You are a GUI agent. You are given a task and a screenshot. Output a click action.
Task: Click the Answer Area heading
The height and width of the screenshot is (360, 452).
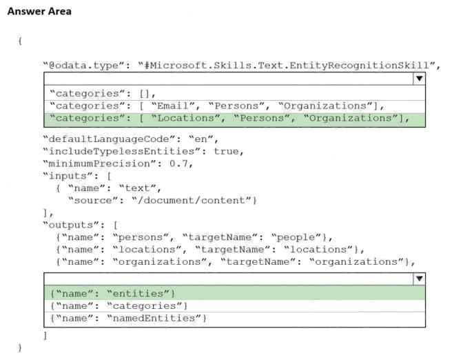39,11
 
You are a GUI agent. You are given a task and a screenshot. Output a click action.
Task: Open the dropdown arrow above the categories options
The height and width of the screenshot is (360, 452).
419,79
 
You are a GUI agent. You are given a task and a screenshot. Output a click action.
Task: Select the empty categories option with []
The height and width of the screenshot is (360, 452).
103,94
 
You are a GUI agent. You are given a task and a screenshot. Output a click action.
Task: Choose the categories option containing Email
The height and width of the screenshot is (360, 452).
217,106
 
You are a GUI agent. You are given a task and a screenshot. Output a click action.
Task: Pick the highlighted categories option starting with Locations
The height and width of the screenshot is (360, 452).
229,118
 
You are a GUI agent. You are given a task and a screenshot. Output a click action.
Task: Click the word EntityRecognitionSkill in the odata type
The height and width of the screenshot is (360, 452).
359,66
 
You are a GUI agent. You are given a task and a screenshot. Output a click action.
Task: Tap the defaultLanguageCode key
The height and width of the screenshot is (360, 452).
110,139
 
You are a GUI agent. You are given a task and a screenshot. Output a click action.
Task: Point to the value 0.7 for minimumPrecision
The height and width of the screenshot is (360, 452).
178,164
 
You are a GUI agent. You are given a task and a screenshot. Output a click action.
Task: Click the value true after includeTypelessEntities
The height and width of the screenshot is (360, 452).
226,152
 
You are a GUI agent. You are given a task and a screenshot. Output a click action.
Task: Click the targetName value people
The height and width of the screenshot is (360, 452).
296,237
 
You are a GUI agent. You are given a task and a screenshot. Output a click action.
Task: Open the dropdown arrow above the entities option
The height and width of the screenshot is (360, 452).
419,279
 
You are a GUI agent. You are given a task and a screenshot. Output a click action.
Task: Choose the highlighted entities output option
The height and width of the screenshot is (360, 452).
112,294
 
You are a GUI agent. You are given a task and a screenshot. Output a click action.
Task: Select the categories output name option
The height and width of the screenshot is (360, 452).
119,306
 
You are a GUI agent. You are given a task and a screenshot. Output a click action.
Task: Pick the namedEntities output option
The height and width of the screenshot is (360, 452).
128,318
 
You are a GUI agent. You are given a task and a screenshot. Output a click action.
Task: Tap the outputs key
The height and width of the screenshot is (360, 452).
74,225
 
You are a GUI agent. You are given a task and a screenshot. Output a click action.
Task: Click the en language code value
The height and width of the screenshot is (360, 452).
201,139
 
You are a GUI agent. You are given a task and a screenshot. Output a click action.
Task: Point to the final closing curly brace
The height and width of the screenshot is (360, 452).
20,348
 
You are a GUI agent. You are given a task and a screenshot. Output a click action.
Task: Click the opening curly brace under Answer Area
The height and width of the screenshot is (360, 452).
20,41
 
